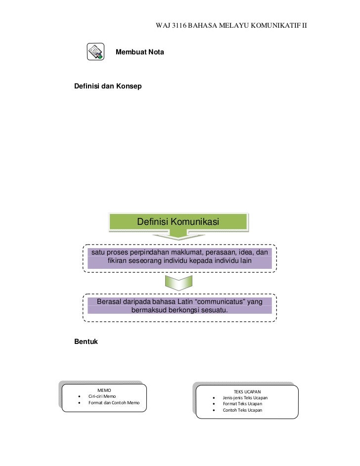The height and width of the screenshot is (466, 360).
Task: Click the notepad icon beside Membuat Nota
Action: pos(95,51)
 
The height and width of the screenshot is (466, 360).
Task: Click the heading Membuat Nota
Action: pos(140,52)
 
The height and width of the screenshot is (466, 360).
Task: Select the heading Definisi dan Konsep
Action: pos(107,86)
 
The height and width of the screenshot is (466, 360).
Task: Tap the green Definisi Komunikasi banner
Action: pos(178,222)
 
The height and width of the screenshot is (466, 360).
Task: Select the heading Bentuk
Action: pos(86,341)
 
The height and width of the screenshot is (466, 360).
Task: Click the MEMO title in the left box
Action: pos(104,390)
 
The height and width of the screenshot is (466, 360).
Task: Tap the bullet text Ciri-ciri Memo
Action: pos(102,396)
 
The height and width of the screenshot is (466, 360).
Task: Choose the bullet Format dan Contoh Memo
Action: pos(114,403)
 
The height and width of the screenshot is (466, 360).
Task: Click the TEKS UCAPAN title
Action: pos(247,392)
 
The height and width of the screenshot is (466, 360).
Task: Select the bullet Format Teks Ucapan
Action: pos(242,404)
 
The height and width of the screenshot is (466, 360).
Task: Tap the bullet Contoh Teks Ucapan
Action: pos(242,410)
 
